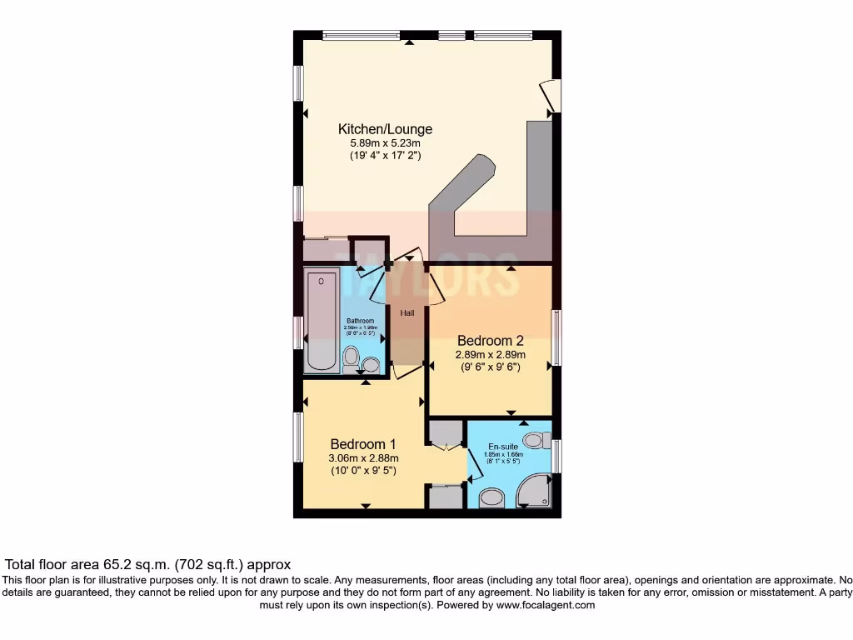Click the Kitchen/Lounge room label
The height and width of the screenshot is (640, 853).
(385, 129)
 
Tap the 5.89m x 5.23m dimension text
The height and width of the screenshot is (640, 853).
(385, 143)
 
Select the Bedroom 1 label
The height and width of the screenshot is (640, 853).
(363, 443)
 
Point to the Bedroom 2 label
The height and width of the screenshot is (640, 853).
(490, 340)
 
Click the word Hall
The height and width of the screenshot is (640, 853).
(407, 313)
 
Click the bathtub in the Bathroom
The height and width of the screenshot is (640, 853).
(322, 320)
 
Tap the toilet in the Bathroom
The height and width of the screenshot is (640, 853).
(352, 359)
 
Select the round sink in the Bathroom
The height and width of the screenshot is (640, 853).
(371, 363)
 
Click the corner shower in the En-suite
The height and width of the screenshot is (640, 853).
(535, 492)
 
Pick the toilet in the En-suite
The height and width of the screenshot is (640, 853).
(536, 439)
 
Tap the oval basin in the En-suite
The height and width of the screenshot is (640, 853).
(492, 497)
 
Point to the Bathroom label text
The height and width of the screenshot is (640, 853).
(361, 321)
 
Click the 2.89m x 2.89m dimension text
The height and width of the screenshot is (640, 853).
(490, 354)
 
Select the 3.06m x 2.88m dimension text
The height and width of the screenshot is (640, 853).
(363, 457)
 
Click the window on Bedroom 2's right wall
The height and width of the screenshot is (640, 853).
(556, 337)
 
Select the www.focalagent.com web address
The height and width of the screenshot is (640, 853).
(546, 605)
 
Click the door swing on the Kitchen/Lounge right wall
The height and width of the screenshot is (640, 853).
(549, 96)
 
